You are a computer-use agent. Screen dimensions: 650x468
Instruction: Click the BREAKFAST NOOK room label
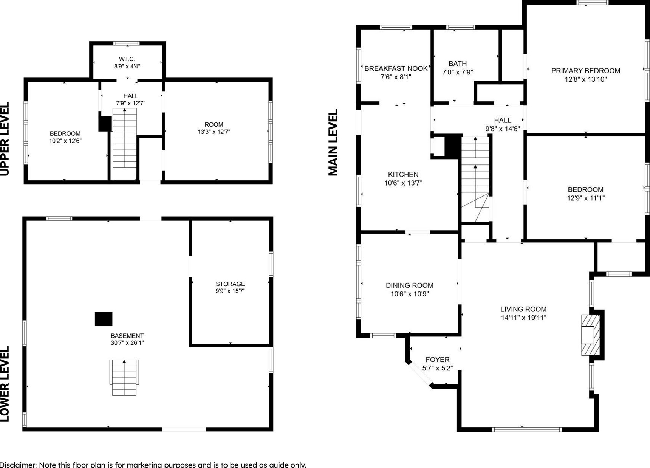coord(396,68)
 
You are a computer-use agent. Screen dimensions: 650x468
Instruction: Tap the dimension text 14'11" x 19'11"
coord(523,318)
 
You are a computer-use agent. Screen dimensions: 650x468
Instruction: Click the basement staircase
coord(124,378)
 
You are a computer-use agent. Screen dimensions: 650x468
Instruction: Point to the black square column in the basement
coord(103,319)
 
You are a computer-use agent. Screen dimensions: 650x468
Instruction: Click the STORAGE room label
coord(230,284)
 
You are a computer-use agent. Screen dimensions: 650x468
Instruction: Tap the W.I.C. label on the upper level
coord(127,59)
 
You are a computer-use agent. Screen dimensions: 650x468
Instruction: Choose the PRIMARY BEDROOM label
coord(585,71)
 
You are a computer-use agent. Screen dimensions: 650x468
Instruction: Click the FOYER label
coord(438,360)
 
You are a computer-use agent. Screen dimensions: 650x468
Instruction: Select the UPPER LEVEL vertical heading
coord(5,139)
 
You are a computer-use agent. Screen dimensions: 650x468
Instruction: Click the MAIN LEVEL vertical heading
coord(333,143)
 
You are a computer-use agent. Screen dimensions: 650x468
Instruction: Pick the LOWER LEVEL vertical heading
coord(5,384)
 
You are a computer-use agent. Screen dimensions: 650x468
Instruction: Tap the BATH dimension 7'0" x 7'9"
coord(458,72)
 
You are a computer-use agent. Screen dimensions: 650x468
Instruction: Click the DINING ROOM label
coord(409,285)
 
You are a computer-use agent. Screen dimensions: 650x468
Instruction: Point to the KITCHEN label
coord(403,174)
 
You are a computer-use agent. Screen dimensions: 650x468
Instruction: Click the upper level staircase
coord(125,144)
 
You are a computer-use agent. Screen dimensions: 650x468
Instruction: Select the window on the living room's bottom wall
coord(527,429)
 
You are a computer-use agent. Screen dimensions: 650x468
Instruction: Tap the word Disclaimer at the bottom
coord(18,465)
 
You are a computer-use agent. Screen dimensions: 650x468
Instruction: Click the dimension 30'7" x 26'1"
coord(127,343)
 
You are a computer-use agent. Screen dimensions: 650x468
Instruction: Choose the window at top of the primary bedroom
coord(593,2)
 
